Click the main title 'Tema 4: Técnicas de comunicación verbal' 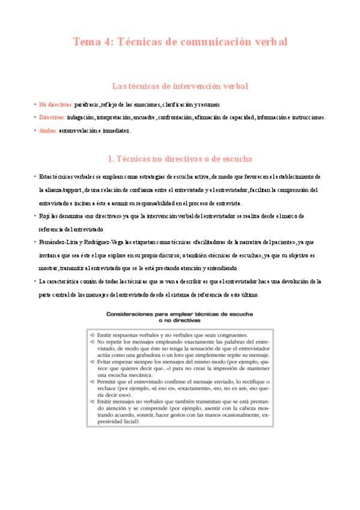[x=180, y=42]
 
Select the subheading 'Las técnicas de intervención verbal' [x=180, y=87]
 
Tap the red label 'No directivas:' [x=56, y=104]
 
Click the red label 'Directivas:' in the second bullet [x=53, y=117]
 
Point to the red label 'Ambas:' [x=48, y=131]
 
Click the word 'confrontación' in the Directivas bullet [x=174, y=117]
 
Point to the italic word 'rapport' [x=71, y=189]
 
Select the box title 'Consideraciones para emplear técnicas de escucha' [x=180, y=314]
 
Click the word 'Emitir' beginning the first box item [x=106, y=334]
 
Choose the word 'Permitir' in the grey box [x=109, y=381]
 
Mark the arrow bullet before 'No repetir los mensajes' [x=92, y=341]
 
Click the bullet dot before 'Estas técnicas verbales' [x=34, y=176]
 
